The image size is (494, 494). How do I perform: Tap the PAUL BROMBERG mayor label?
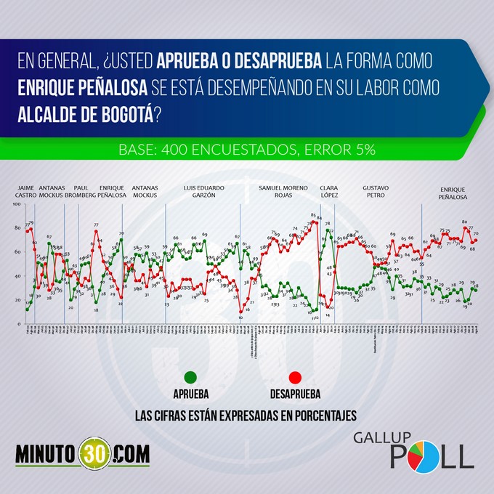tap(81, 191)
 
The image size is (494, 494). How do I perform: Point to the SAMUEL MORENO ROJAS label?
tap(279, 191)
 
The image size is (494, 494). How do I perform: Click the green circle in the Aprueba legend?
tap(191, 376)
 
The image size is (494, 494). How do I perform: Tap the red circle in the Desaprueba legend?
tap(295, 376)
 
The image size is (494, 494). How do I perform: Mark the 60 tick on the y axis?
tap(17, 252)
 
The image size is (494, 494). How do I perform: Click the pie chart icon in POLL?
tap(415, 457)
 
